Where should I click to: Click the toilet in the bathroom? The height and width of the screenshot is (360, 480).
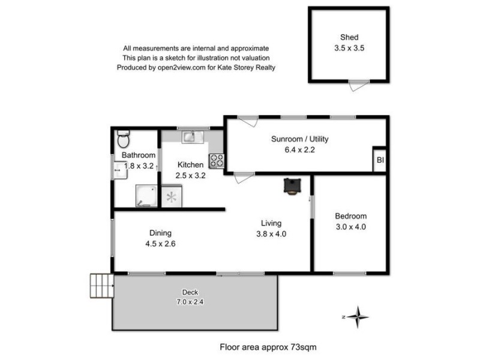(123, 139)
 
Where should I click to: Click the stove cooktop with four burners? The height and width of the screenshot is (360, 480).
(216, 161)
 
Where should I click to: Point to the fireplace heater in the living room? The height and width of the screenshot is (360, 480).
(292, 186)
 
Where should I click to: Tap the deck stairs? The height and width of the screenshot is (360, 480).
(101, 286)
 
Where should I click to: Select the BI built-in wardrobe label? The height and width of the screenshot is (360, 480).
(380, 160)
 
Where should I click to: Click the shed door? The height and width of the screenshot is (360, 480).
(358, 85)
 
